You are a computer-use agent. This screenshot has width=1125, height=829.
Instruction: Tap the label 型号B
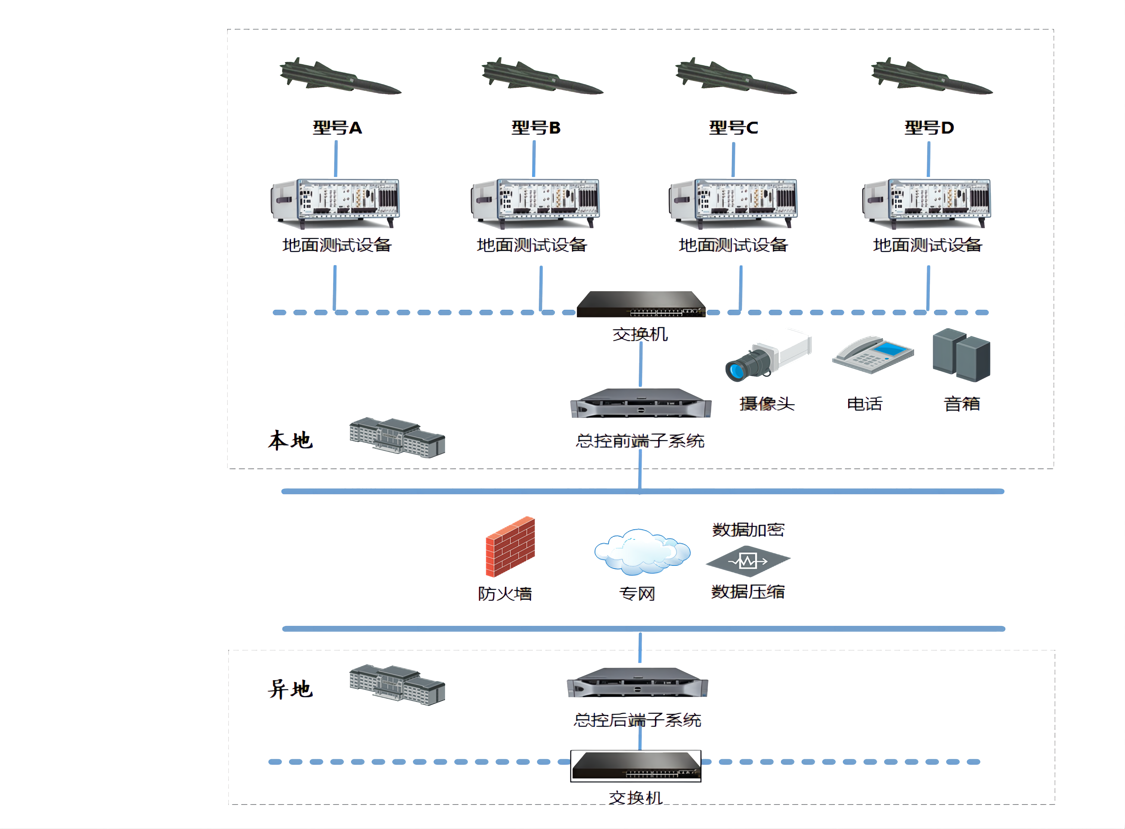click(536, 128)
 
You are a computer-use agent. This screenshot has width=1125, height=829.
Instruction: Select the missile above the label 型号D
click(932, 78)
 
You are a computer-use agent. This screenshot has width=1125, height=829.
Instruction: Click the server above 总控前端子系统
click(640, 403)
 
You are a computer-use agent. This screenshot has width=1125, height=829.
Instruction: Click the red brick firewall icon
click(510, 547)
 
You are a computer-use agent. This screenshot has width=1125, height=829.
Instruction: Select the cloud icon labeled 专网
click(642, 552)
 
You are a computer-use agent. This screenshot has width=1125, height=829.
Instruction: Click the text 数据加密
click(748, 529)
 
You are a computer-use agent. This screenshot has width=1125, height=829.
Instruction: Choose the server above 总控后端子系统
click(637, 683)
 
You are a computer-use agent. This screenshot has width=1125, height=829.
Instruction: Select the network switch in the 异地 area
click(636, 766)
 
